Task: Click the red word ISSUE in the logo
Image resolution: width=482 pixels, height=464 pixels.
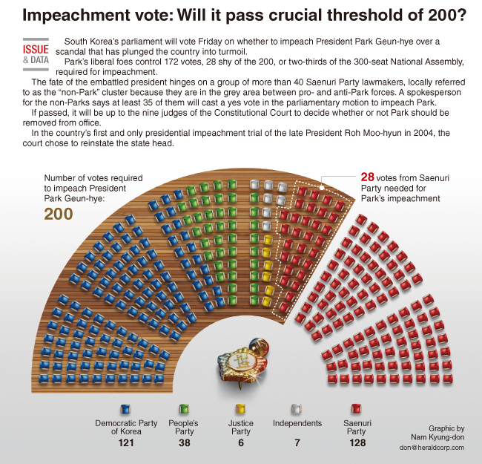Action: pyautogui.click(x=36, y=49)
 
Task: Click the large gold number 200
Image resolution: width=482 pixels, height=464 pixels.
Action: pyautogui.click(x=59, y=214)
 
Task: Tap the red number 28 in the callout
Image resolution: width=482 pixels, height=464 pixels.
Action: pyautogui.click(x=367, y=177)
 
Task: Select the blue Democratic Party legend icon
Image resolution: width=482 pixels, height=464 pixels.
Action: pyautogui.click(x=125, y=409)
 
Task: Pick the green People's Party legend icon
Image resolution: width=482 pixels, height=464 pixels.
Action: pyautogui.click(x=184, y=409)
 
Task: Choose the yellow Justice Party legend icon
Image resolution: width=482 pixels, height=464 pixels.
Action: pyautogui.click(x=240, y=409)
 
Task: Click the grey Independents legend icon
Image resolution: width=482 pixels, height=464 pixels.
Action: pyautogui.click(x=297, y=409)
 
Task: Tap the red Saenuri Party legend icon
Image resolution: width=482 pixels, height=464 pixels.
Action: pyautogui.click(x=356, y=409)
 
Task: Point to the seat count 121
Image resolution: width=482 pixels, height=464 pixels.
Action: pyautogui.click(x=126, y=442)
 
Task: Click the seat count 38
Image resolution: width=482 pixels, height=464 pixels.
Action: pyautogui.click(x=184, y=442)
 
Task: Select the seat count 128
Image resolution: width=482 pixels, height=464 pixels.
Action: pyautogui.click(x=357, y=442)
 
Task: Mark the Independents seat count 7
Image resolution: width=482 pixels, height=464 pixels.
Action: pyautogui.click(x=297, y=442)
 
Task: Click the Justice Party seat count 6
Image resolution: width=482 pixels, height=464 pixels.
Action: pyautogui.click(x=241, y=442)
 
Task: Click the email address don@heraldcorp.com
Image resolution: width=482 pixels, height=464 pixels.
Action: pyautogui.click(x=432, y=448)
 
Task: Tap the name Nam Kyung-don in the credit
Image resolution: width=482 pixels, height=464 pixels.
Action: pyautogui.click(x=438, y=437)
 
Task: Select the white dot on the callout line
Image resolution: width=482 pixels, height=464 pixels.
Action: pyautogui.click(x=322, y=187)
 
